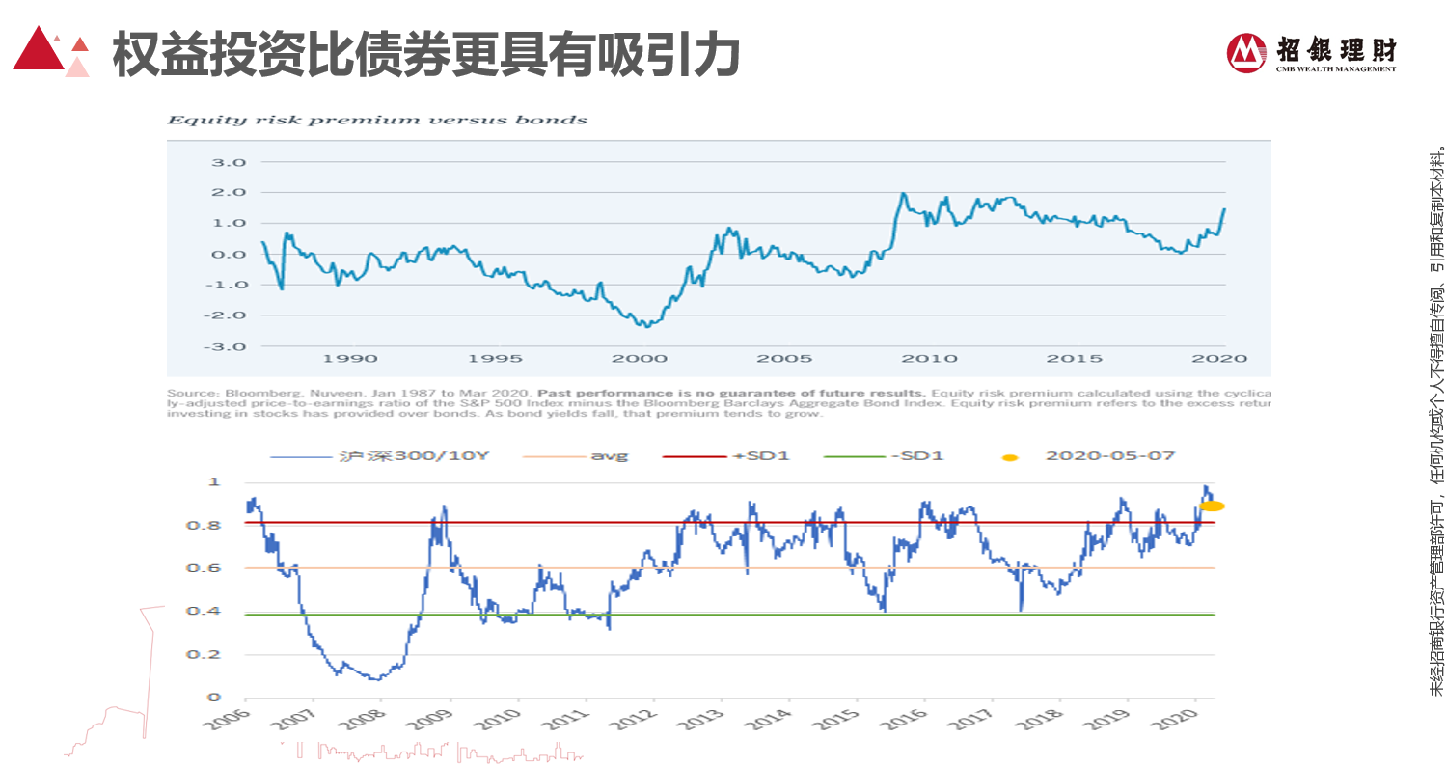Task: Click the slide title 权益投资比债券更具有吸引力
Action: tap(425, 54)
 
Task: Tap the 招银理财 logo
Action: tap(1312, 52)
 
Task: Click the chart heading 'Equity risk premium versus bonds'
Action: tap(377, 121)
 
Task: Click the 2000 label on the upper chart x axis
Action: tap(641, 359)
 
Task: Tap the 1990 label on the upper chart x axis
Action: tap(350, 359)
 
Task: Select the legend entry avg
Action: tap(609, 454)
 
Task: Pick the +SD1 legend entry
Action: tap(761, 454)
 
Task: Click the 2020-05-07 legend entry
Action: tap(1109, 454)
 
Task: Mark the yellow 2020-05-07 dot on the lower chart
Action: tap(1212, 506)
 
